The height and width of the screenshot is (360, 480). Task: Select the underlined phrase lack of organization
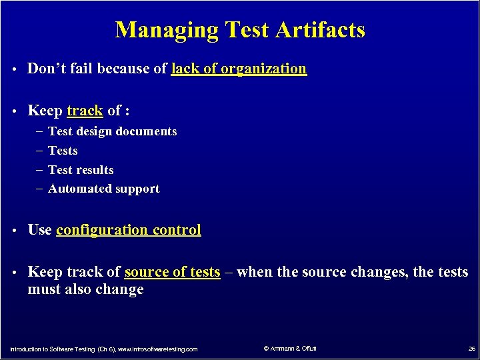pyautogui.click(x=239, y=69)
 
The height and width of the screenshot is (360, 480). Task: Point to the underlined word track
pyautogui.click(x=85, y=111)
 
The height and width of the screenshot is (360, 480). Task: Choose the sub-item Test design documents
pyautogui.click(x=113, y=131)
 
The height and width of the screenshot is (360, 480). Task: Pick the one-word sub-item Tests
pyautogui.click(x=63, y=151)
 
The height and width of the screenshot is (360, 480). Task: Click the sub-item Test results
pyautogui.click(x=81, y=170)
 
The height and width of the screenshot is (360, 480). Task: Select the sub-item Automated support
pyautogui.click(x=103, y=189)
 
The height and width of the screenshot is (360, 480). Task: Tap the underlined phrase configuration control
pyautogui.click(x=128, y=230)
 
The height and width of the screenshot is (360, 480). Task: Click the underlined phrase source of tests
pyautogui.click(x=172, y=272)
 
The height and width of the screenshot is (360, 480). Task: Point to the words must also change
pyautogui.click(x=85, y=289)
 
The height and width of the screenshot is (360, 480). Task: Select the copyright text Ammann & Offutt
pyautogui.click(x=290, y=349)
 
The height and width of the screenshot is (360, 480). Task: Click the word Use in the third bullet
pyautogui.click(x=39, y=230)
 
